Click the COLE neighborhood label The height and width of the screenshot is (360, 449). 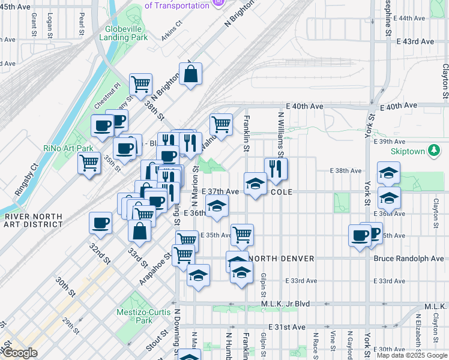281,192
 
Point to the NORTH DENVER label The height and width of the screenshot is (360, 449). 282,259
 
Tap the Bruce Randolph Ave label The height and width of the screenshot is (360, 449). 408,259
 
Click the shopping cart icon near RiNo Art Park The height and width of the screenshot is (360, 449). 89,162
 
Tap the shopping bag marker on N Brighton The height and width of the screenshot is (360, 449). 190,74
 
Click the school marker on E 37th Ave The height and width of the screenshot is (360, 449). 255,184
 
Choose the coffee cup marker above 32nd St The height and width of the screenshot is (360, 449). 100,223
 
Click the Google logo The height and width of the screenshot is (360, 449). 19,353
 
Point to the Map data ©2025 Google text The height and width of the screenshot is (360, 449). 412,356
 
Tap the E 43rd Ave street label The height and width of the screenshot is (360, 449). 414,41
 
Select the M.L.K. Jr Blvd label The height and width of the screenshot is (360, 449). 285,304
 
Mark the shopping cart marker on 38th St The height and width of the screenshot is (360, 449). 140,85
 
